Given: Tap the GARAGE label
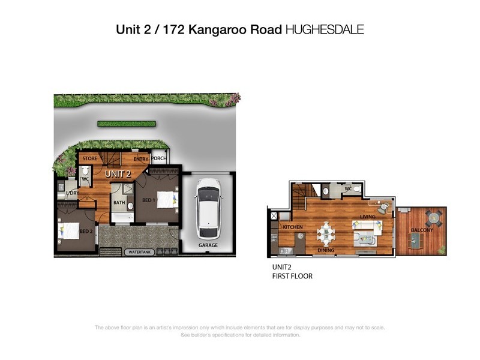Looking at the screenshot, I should coord(208,245).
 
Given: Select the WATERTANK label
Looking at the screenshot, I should coord(139,253).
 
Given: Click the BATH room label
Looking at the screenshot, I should coord(119,203).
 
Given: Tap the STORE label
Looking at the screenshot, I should coord(90,158).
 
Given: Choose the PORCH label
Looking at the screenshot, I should coord(158,158).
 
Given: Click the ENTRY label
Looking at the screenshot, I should coord(140,159).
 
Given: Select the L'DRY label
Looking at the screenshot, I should coord(73,193).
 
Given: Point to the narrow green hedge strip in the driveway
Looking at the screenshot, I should coord(127,124).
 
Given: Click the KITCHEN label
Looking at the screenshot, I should coord(293,227).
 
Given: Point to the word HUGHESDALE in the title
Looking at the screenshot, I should coord(325,29).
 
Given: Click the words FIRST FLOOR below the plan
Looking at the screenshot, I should coord(292,277).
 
